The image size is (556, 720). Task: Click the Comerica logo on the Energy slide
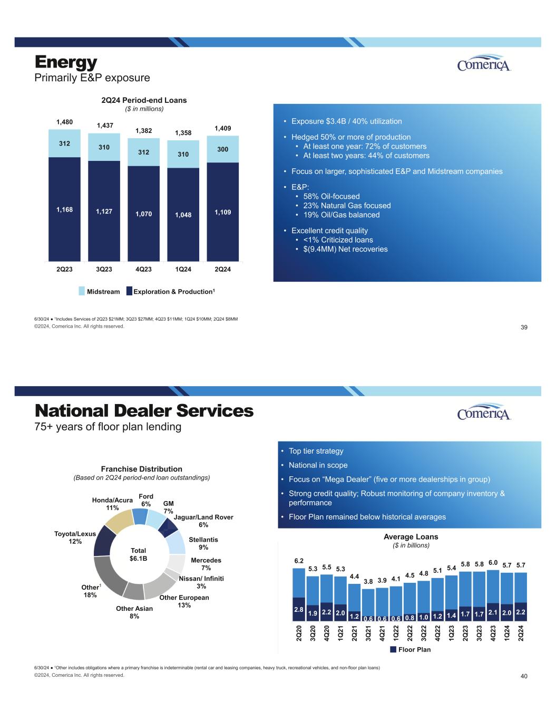tap(484, 63)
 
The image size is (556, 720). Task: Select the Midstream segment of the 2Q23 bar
tap(64, 143)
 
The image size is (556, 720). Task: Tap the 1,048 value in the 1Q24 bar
tap(183, 215)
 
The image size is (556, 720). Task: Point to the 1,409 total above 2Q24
tap(223, 128)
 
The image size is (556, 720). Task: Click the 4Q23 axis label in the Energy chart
tap(143, 269)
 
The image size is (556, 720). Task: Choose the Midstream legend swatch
tap(82, 291)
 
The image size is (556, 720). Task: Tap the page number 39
tap(524, 328)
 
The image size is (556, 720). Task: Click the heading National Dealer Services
tap(144, 411)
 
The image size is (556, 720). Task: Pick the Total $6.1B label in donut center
tap(138, 554)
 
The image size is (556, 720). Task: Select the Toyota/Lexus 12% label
tap(75, 537)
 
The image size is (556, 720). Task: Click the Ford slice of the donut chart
tap(141, 516)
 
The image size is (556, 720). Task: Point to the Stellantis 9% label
tap(203, 543)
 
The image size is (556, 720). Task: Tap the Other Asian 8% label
tap(134, 612)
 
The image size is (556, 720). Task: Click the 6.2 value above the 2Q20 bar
tap(299, 560)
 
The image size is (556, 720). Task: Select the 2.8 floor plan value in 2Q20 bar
tap(299, 609)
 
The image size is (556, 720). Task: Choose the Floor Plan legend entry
tap(410, 649)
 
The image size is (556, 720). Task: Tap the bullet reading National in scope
tap(318, 465)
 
